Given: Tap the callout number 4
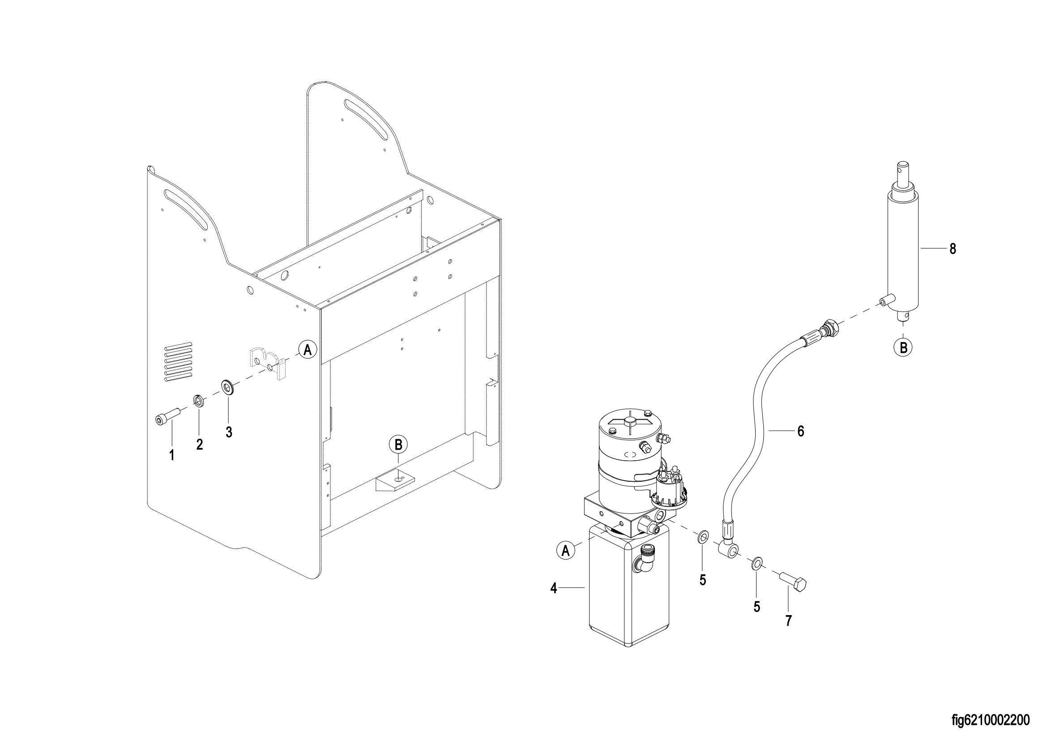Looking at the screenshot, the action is [554, 588].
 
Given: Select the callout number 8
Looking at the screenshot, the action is [953, 249].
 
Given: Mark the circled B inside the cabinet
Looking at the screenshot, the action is [398, 444].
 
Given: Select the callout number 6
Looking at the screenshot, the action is [801, 431].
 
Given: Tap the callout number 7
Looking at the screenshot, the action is [788, 620].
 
